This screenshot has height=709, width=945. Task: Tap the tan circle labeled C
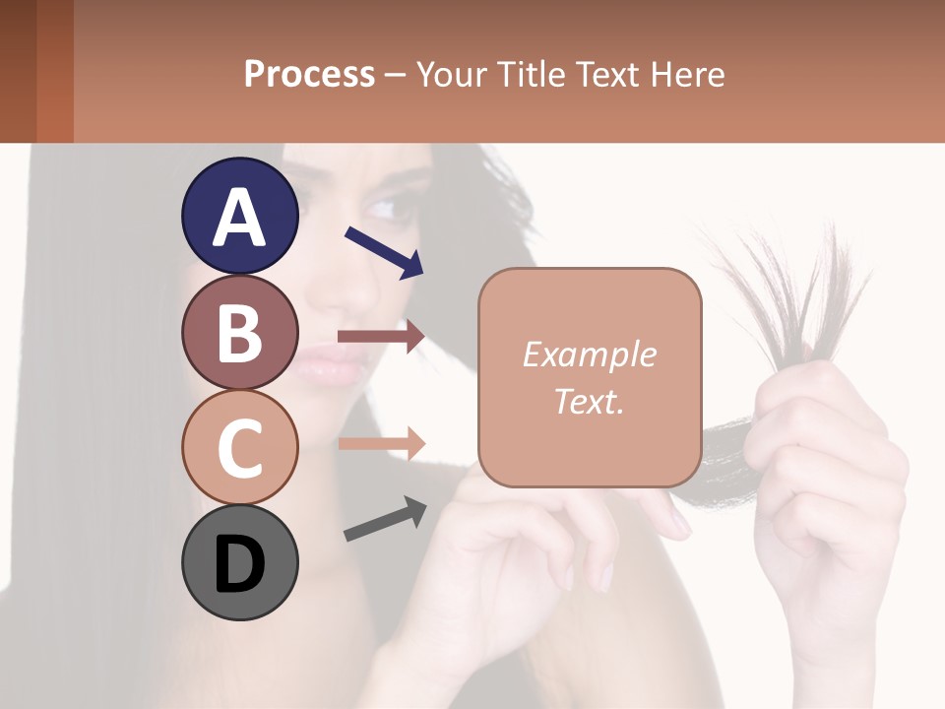pyautogui.click(x=240, y=446)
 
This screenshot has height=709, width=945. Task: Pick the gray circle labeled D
pyautogui.click(x=240, y=562)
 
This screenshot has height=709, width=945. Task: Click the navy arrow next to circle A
pyautogui.click(x=384, y=252)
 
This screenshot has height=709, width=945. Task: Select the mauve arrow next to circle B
pyautogui.click(x=381, y=337)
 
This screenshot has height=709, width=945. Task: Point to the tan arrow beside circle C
pyautogui.click(x=382, y=443)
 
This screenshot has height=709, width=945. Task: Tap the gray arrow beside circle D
pyautogui.click(x=385, y=519)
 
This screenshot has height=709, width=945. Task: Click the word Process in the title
pyautogui.click(x=309, y=74)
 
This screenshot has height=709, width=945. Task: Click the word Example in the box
pyautogui.click(x=589, y=354)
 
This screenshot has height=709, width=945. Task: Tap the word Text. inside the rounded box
pyautogui.click(x=589, y=401)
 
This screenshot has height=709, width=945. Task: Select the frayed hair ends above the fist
pyautogui.click(x=787, y=286)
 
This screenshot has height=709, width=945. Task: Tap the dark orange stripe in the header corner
pyautogui.click(x=54, y=71)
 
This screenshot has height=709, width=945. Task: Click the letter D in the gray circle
pyautogui.click(x=240, y=564)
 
